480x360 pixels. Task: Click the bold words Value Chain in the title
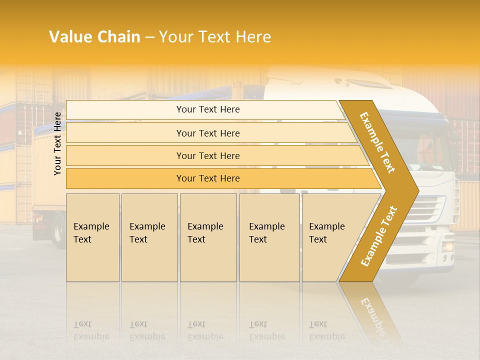click(x=94, y=37)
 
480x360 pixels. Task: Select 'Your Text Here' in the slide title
click(x=215, y=37)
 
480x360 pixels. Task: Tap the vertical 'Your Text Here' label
click(x=58, y=143)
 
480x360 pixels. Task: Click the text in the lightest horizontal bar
click(x=208, y=109)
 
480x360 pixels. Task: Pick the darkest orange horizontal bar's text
click(x=208, y=178)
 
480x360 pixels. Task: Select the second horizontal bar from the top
click(x=208, y=133)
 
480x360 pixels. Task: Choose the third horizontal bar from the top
click(x=208, y=156)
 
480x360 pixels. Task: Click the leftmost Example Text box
click(x=92, y=237)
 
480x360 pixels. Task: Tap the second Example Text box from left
click(x=149, y=237)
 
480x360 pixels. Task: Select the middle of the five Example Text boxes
click(x=208, y=237)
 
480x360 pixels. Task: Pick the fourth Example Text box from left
click(x=269, y=237)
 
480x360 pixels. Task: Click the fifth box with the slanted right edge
click(x=330, y=237)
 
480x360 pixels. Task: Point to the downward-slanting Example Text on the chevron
click(x=377, y=142)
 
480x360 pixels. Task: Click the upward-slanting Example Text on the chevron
click(x=379, y=236)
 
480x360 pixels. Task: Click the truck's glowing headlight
click(x=447, y=246)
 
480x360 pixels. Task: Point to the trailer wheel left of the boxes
click(x=59, y=231)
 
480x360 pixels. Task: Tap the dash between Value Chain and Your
click(x=149, y=37)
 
